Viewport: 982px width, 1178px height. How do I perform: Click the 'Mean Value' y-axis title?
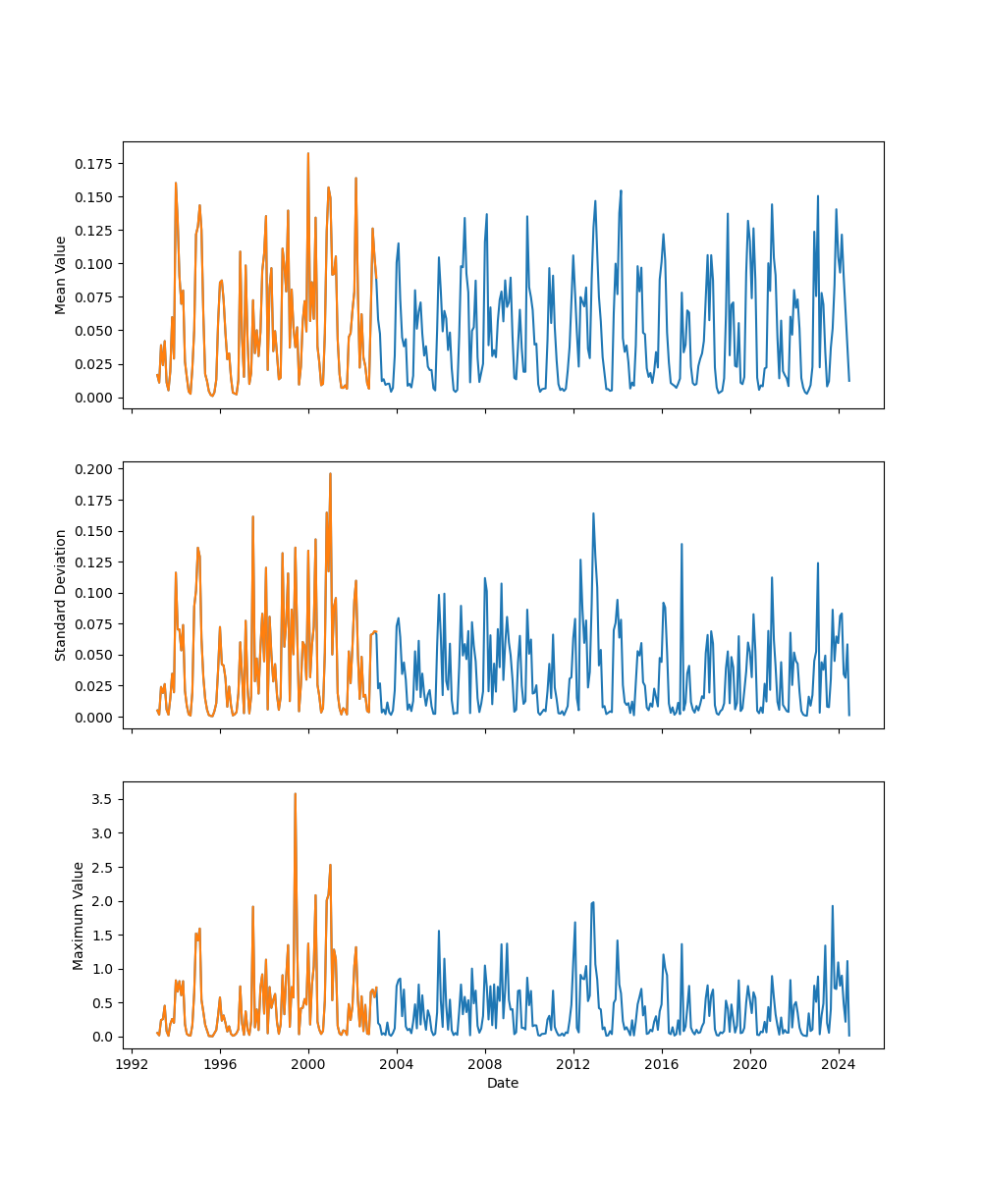coord(61,275)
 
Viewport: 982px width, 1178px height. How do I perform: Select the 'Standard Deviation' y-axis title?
coord(61,595)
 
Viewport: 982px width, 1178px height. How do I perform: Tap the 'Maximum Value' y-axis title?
coord(79,915)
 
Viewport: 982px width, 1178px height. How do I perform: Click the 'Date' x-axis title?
coord(503,1083)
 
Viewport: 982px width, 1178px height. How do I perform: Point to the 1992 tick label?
coord(132,1064)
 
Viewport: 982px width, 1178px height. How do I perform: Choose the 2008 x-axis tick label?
coord(485,1064)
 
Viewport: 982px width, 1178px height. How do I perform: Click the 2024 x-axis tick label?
coord(839,1064)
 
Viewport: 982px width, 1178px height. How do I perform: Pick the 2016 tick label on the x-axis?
coord(662,1064)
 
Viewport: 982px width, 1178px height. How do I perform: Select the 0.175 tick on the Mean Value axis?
coord(95,163)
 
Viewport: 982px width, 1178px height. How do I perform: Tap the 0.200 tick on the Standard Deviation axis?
coord(95,469)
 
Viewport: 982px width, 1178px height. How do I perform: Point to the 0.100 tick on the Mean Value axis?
coord(95,264)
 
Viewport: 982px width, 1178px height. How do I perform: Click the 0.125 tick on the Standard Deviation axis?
coord(95,562)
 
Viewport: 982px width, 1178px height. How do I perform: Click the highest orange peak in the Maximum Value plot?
coord(295,793)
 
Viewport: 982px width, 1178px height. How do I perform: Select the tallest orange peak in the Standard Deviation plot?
coord(330,473)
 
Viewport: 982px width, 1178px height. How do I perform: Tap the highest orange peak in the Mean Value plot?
coord(307,153)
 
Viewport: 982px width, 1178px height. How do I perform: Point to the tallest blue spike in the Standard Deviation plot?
coord(593,513)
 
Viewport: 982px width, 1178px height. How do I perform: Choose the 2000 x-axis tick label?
coord(308,1064)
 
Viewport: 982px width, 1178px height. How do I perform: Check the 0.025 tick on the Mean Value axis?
coord(95,364)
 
